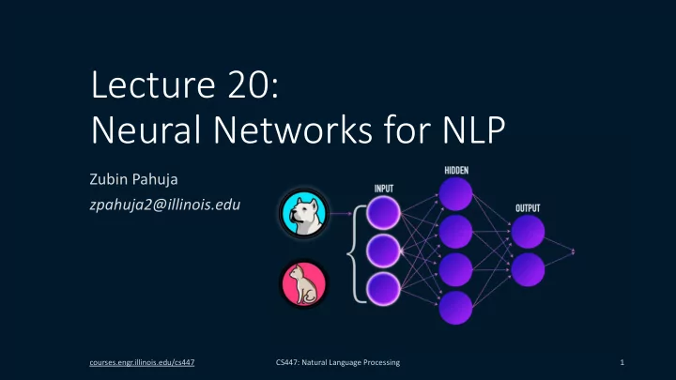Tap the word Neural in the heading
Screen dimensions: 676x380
146,129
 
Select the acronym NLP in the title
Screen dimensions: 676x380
474,129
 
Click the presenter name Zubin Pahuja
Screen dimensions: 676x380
133,179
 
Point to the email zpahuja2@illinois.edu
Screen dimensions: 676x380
165,205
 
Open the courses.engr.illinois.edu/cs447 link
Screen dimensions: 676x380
142,362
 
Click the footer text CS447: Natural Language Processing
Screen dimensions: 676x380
338,362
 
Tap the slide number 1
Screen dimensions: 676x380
622,362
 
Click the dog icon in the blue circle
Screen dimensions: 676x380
304,213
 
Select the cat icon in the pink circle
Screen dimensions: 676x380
304,284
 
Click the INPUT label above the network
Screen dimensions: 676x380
384,189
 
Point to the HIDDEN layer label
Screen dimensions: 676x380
456,170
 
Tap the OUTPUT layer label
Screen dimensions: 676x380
528,208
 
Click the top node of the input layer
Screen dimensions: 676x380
383,213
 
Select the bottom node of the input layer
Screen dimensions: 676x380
383,289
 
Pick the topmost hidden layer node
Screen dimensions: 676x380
455,194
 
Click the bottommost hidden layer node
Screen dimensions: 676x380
455,308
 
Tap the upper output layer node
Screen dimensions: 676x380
528,232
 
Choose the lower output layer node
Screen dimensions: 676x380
528,269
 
